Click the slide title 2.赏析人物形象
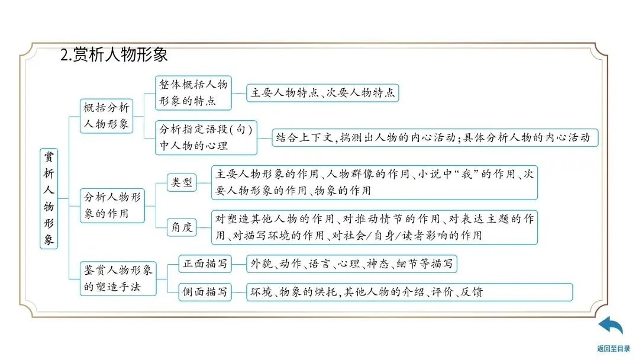(x=114, y=54)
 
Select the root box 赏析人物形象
(x=49, y=198)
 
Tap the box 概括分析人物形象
(x=106, y=116)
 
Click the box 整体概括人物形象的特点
(x=193, y=92)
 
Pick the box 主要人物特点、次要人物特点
(x=322, y=93)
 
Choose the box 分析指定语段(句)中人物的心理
(x=206, y=137)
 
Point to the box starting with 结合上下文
(x=435, y=138)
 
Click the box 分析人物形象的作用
(x=112, y=205)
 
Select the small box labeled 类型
(x=182, y=182)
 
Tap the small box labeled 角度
(x=182, y=227)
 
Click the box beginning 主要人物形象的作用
(x=375, y=182)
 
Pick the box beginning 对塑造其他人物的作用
(x=375, y=227)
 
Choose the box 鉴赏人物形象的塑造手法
(x=118, y=278)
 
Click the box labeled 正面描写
(x=204, y=264)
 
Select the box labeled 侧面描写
(x=204, y=292)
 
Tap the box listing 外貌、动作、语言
(x=351, y=264)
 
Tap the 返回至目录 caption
(x=613, y=349)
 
